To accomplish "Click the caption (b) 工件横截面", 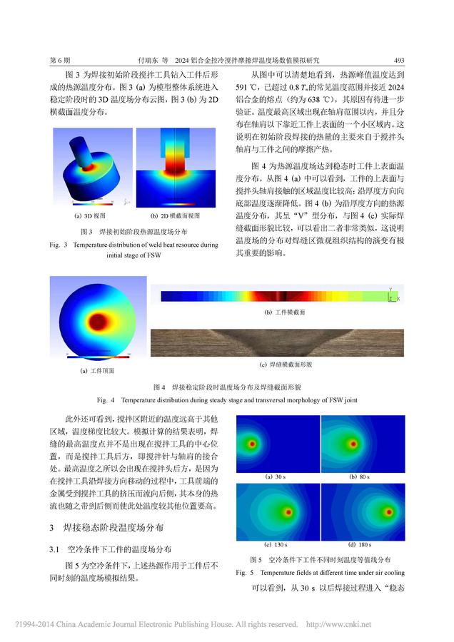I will click(x=285, y=312).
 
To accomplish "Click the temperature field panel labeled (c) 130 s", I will click(x=277, y=511).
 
